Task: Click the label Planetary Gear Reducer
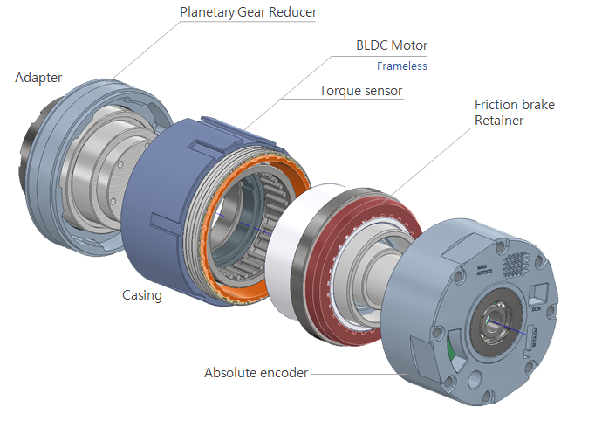pyautogui.click(x=248, y=12)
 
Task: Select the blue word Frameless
pyautogui.click(x=401, y=66)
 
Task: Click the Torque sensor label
pyautogui.click(x=360, y=90)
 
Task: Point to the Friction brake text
pyautogui.click(x=514, y=105)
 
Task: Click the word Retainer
pyautogui.click(x=498, y=121)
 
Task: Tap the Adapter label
pyautogui.click(x=38, y=78)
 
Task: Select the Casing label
pyautogui.click(x=141, y=295)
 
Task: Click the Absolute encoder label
pyautogui.click(x=256, y=372)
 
